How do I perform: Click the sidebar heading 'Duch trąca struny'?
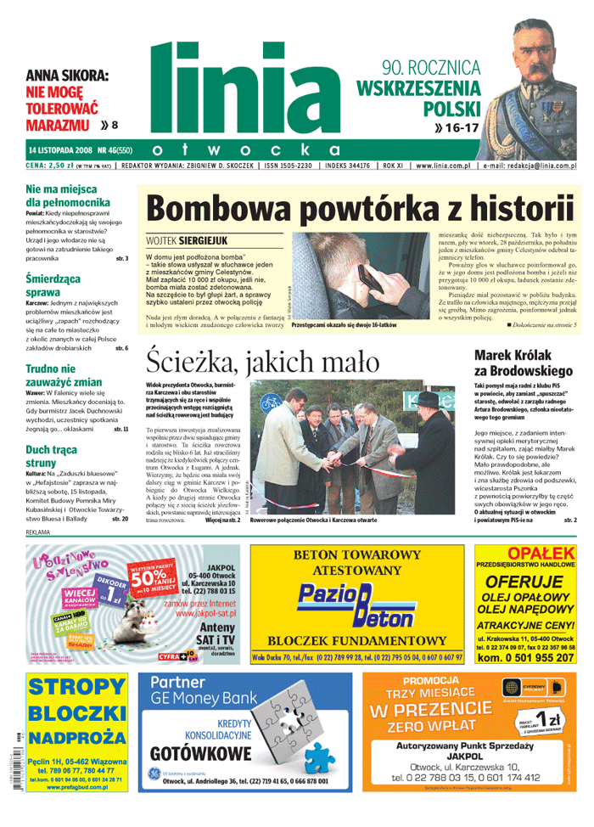(x=51, y=456)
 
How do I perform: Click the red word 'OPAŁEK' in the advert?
(x=526, y=554)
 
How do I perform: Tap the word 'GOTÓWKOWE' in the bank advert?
(x=200, y=752)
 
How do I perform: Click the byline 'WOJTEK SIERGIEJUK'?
(x=187, y=241)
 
